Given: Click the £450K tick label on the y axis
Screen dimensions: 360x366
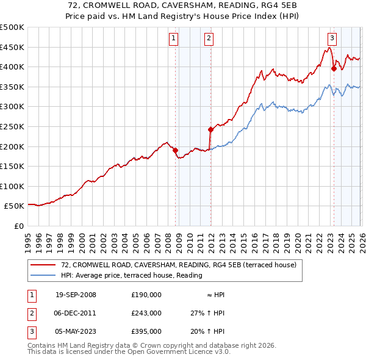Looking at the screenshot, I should pyautogui.click(x=12, y=47).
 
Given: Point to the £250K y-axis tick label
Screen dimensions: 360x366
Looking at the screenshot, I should pyautogui.click(x=12, y=126).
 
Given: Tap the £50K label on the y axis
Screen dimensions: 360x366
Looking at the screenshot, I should pyautogui.click(x=15, y=206).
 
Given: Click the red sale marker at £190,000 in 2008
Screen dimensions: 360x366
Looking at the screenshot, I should pyautogui.click(x=176, y=150).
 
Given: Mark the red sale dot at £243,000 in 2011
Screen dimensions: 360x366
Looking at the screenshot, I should pyautogui.click(x=210, y=129).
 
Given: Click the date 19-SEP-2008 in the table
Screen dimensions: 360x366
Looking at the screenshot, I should pyautogui.click(x=76, y=295).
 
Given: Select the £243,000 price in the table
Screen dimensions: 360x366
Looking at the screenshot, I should pyautogui.click(x=146, y=313).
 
